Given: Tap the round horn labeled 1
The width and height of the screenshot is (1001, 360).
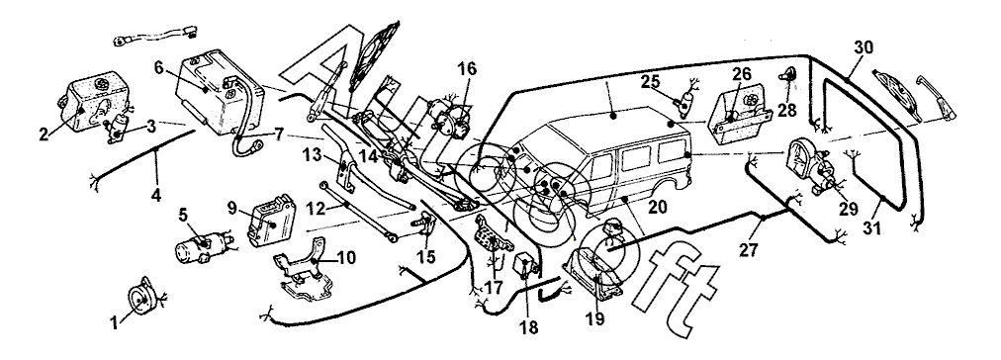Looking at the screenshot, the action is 141,298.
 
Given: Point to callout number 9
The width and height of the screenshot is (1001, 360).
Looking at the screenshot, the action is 233,208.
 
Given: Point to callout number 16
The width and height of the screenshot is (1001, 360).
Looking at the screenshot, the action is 467,69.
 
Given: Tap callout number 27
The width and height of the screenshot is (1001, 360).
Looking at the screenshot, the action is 750,248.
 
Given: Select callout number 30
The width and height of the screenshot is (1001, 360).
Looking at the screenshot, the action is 864,47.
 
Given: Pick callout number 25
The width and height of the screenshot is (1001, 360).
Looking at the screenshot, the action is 651,82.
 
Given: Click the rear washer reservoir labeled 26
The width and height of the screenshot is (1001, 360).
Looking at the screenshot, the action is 742,116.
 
